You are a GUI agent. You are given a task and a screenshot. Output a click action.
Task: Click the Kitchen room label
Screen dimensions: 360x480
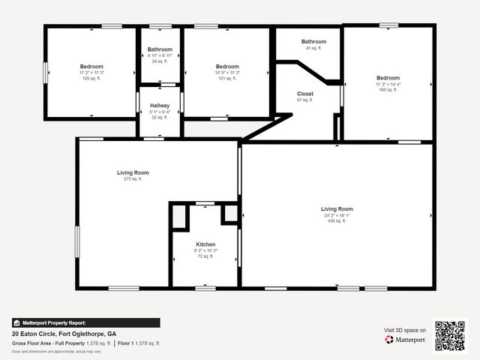coord(205,244)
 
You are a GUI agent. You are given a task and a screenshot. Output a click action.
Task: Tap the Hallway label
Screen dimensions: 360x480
coord(160,106)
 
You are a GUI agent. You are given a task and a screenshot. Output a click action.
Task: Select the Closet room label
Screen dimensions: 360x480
coord(304,94)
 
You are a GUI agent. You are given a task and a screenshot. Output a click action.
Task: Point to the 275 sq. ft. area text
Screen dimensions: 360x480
coord(133,178)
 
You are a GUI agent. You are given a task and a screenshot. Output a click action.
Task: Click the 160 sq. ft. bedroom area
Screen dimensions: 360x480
coord(388,90)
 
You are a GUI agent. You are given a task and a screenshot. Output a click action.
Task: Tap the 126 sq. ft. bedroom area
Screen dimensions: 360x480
coord(91,78)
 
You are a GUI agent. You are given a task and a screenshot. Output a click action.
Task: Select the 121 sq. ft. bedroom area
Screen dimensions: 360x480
coord(227,78)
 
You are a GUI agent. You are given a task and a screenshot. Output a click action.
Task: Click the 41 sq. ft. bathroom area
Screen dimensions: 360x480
coord(313,48)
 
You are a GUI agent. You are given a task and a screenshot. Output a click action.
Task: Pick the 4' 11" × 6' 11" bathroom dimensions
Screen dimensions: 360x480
coord(160,55)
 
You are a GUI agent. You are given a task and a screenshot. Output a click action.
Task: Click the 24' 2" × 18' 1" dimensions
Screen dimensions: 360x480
coord(337,214)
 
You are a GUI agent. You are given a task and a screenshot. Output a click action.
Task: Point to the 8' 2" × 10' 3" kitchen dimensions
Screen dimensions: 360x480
coord(205,250)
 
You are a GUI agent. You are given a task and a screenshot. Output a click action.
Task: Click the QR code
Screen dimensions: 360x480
coord(450,336)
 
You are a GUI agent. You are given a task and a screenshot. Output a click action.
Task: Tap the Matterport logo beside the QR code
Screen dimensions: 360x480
coord(406,339)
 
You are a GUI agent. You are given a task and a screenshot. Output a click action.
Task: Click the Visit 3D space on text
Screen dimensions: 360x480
coord(405,330)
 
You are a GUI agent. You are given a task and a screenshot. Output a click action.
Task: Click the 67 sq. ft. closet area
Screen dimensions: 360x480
coord(304,100)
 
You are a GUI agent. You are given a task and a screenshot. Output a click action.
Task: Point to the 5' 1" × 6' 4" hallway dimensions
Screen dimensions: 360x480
coord(160,112)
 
